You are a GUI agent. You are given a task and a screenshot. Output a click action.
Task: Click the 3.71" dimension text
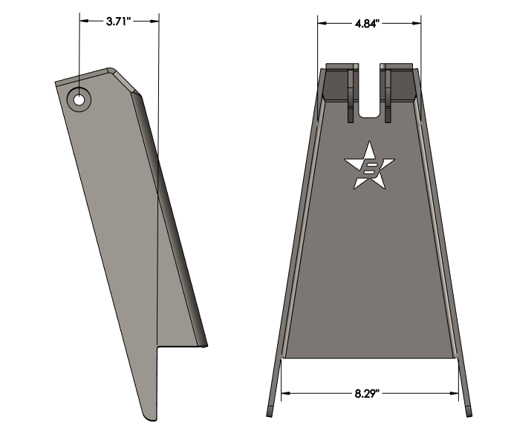119,22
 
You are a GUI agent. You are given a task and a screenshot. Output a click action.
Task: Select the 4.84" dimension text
367,24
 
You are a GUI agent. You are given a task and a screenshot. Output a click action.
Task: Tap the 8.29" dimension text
368,392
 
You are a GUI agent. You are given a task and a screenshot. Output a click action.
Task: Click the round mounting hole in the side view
78,99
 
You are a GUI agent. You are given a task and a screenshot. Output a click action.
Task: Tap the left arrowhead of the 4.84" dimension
322,24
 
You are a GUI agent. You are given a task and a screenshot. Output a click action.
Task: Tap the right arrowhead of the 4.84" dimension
414,24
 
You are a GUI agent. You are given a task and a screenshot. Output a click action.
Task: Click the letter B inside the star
368,171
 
